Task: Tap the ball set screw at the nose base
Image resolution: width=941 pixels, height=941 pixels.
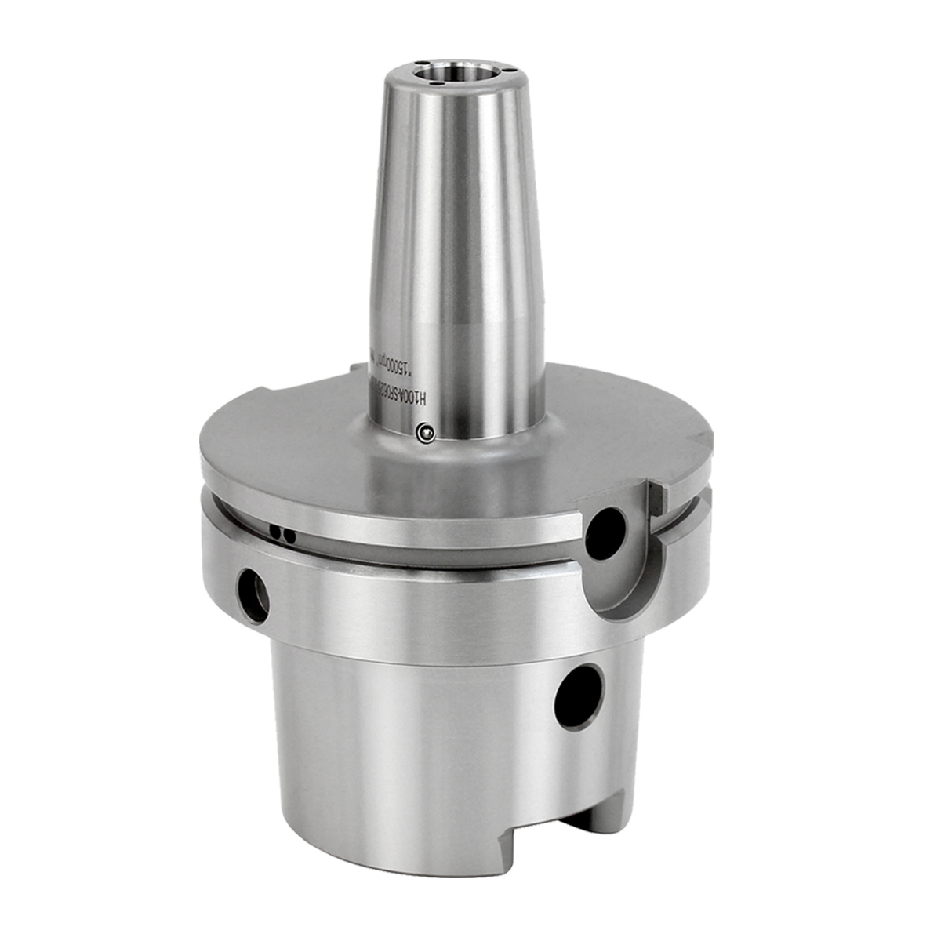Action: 425,431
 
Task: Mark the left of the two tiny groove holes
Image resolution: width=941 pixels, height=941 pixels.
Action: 275,532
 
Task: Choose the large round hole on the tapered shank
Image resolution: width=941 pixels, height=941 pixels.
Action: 579,696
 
